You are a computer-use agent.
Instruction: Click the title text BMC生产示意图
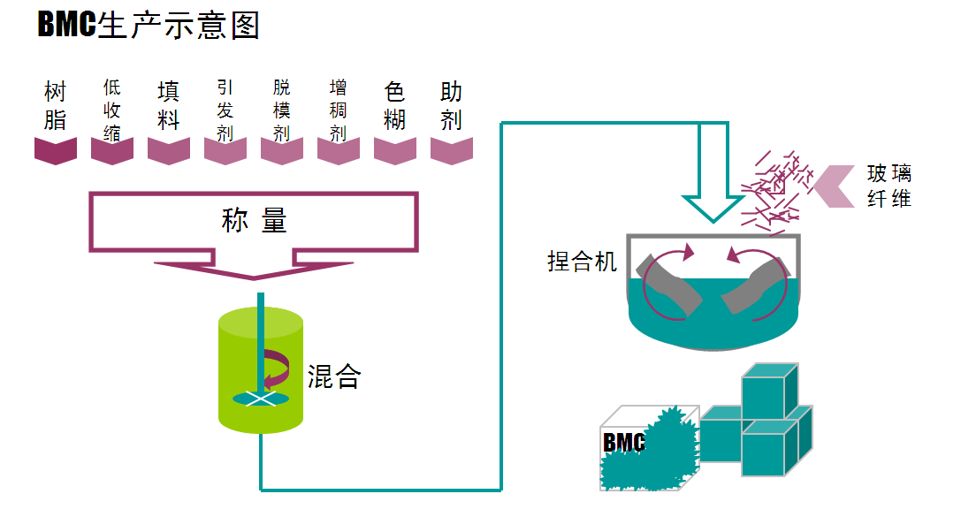pyautogui.click(x=149, y=25)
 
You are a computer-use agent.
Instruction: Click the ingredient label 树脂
pyautogui.click(x=56, y=106)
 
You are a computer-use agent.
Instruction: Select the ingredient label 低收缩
pyautogui.click(x=112, y=110)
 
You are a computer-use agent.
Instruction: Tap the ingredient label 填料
pyautogui.click(x=169, y=106)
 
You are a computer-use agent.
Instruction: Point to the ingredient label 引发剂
pyautogui.click(x=225, y=110)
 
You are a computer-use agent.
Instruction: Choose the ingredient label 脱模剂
pyautogui.click(x=282, y=110)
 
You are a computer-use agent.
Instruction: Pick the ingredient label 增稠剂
pyautogui.click(x=339, y=110)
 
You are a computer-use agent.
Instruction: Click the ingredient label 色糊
pyautogui.click(x=395, y=106)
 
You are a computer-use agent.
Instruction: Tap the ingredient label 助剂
pyautogui.click(x=452, y=106)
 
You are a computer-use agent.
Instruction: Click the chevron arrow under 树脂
pyautogui.click(x=56, y=150)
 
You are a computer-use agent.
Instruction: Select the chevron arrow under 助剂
pyautogui.click(x=452, y=150)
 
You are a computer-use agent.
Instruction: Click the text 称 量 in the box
pyautogui.click(x=254, y=220)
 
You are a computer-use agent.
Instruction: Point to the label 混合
pyautogui.click(x=334, y=377)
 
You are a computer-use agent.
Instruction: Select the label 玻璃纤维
pyautogui.click(x=889, y=186)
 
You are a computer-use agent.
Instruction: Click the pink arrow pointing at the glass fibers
pyautogui.click(x=835, y=186)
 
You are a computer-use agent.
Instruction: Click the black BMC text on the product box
pyautogui.click(x=623, y=442)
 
